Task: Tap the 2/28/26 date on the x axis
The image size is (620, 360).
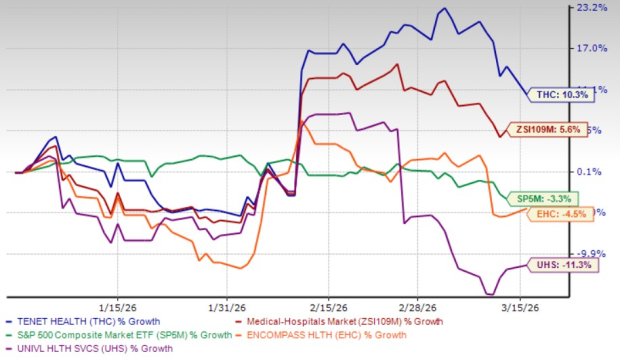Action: point(415,308)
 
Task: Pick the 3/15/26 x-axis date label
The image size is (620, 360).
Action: point(521,308)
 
